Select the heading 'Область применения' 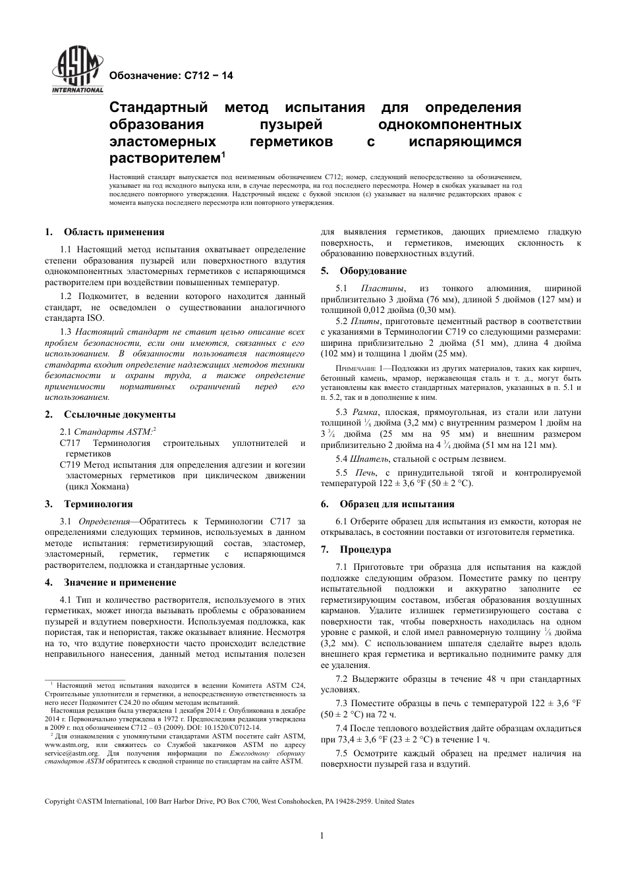click(114, 232)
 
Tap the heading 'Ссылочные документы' click(119, 414)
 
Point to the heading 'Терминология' click(98, 504)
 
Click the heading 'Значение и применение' click(120, 582)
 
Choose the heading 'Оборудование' click(373, 271)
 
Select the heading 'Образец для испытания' click(397, 504)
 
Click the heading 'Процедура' click(365, 549)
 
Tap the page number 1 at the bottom click(322, 836)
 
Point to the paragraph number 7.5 click(341, 754)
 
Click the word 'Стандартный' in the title click(158, 107)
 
